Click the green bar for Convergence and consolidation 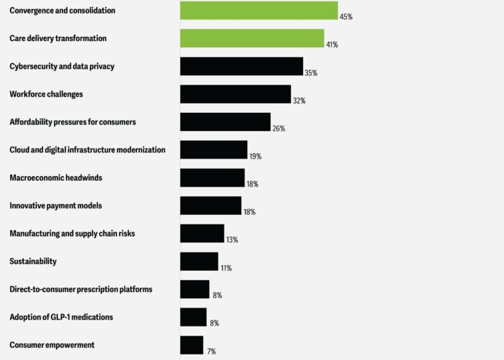[x=259, y=11]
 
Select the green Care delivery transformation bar [x=252, y=38]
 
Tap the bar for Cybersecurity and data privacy [x=241, y=66]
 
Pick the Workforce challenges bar [x=235, y=94]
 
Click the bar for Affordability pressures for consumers [x=225, y=122]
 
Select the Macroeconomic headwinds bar [x=212, y=177]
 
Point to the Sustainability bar [x=199, y=261]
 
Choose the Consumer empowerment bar [x=192, y=345]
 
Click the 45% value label [x=346, y=17]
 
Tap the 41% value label [x=331, y=45]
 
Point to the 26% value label [x=278, y=128]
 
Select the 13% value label [x=232, y=240]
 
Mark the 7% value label [x=211, y=351]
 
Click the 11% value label [x=226, y=268]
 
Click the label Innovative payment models [x=56, y=206]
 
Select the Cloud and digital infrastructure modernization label [x=87, y=150]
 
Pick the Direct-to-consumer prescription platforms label [x=81, y=289]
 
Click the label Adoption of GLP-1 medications [x=61, y=317]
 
